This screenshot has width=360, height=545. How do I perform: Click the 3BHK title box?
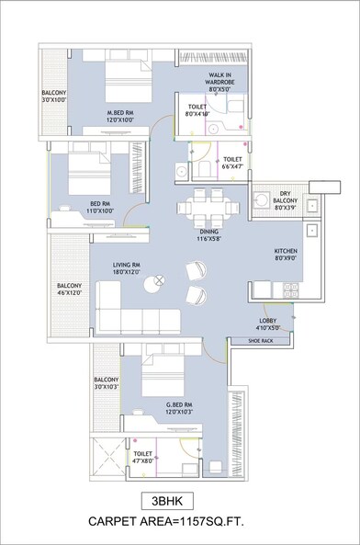tap(179, 501)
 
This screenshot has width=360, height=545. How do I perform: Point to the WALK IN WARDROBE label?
tap(224, 82)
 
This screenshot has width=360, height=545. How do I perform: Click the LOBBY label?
tap(271, 321)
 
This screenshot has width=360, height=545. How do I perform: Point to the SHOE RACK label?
tap(264, 341)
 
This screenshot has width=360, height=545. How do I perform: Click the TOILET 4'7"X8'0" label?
tap(143, 458)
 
